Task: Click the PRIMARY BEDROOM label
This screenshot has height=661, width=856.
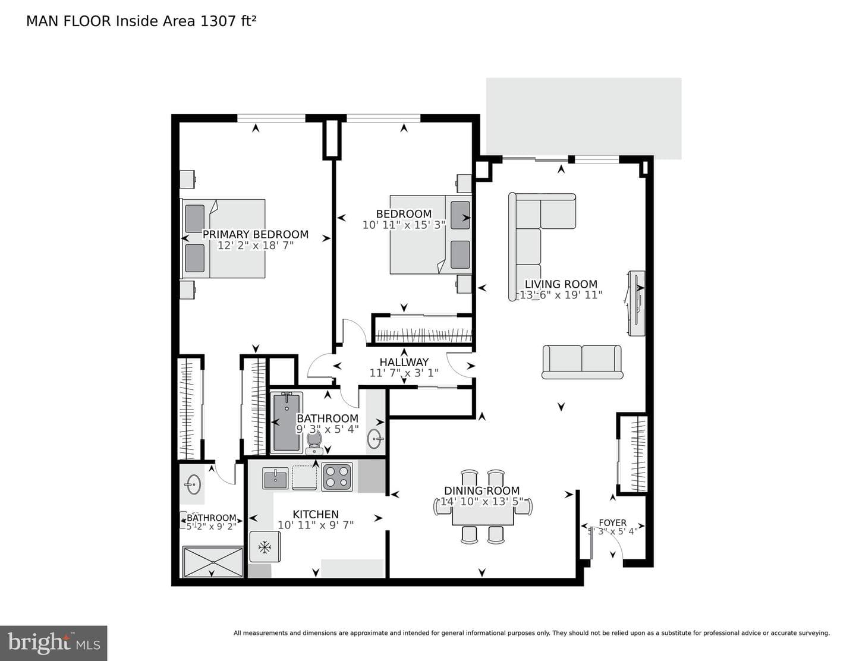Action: click(x=255, y=234)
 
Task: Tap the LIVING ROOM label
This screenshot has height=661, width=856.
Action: click(x=561, y=284)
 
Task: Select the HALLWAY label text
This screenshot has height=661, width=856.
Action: click(x=404, y=362)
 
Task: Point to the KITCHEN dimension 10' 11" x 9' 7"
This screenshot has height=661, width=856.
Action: click(x=316, y=525)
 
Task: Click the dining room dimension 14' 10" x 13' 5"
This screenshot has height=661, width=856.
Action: click(x=481, y=502)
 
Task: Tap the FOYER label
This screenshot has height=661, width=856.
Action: click(x=612, y=522)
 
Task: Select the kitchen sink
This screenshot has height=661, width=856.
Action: click(x=275, y=478)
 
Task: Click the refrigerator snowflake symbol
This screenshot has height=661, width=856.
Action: click(x=265, y=547)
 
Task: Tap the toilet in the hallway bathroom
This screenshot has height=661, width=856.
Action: click(x=314, y=443)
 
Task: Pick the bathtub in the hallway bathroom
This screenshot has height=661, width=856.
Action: click(x=287, y=422)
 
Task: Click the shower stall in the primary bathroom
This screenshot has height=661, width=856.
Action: click(x=213, y=562)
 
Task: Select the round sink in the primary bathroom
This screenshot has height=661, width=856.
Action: click(x=193, y=483)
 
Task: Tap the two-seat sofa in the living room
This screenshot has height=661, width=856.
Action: click(x=582, y=362)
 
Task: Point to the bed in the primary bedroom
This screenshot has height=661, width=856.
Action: click(x=223, y=238)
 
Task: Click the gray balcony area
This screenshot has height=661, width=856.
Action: click(x=583, y=118)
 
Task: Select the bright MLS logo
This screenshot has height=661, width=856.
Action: click(x=53, y=643)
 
